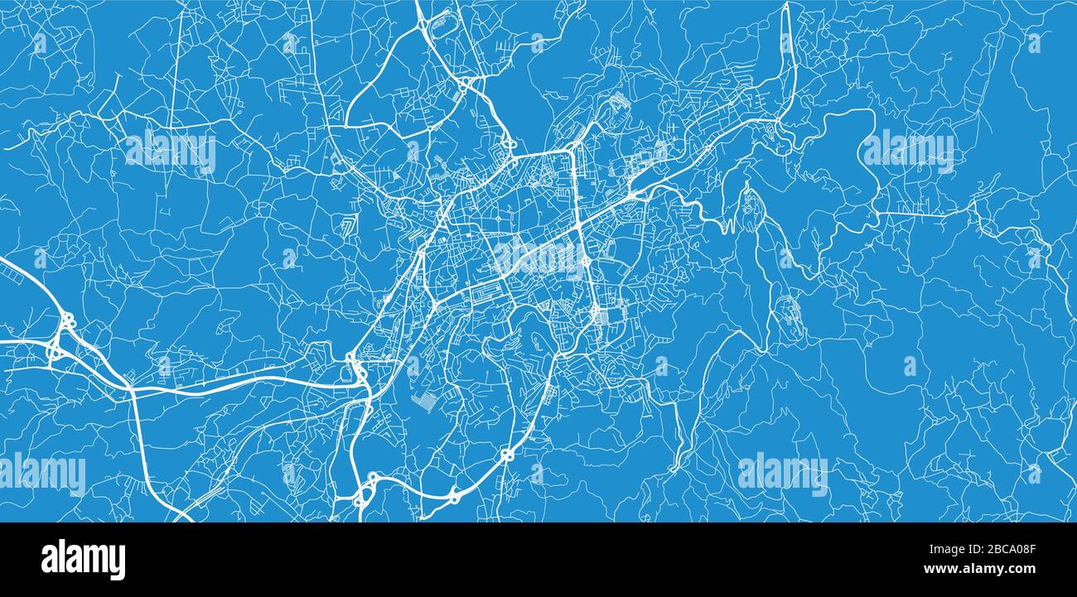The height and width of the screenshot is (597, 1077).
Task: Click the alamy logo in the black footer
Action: pyautogui.click(x=83, y=560)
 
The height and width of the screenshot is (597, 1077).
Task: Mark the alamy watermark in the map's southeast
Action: pyautogui.click(x=782, y=474)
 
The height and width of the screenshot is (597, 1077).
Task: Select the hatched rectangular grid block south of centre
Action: pyautogui.click(x=423, y=402)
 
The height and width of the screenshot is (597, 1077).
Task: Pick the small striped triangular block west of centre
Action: pyautogui.click(x=349, y=226)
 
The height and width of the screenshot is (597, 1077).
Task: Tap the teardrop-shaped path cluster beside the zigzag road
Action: pyautogui.click(x=750, y=203)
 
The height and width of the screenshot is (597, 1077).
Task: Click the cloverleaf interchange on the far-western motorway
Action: pyautogui.click(x=60, y=335)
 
